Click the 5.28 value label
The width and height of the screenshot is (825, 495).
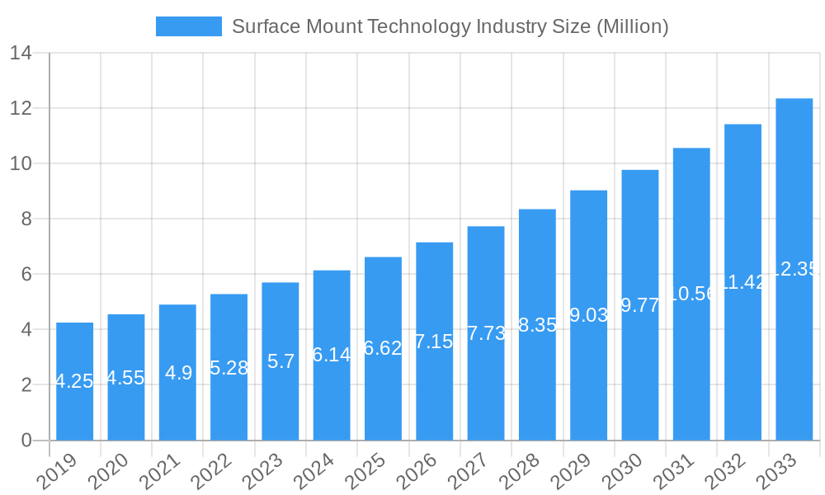[229, 368]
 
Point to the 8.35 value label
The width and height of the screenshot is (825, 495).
[537, 325]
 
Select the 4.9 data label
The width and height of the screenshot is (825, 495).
[178, 373]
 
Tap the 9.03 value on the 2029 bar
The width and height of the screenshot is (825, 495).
[589, 315]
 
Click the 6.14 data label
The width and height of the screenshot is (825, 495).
[332, 355]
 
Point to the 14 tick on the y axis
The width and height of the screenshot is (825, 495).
[21, 54]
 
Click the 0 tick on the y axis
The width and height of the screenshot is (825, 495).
[26, 441]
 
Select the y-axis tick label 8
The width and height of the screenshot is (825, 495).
[26, 219]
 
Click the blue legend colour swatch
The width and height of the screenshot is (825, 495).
[188, 26]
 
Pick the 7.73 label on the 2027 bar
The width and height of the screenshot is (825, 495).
[486, 333]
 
